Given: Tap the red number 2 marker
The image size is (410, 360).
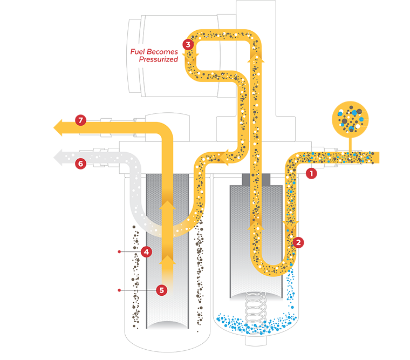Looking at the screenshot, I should click(x=297, y=242).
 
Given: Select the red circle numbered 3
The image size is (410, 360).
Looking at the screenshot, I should click(x=188, y=45).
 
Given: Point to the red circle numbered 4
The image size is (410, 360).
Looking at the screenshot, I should click(x=145, y=252).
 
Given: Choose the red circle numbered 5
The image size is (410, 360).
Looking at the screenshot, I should click(x=160, y=290).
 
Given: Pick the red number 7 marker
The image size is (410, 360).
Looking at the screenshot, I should click(x=80, y=120).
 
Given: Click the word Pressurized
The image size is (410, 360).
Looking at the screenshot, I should click(x=158, y=59).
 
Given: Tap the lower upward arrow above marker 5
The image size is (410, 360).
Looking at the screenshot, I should click(x=169, y=261).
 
